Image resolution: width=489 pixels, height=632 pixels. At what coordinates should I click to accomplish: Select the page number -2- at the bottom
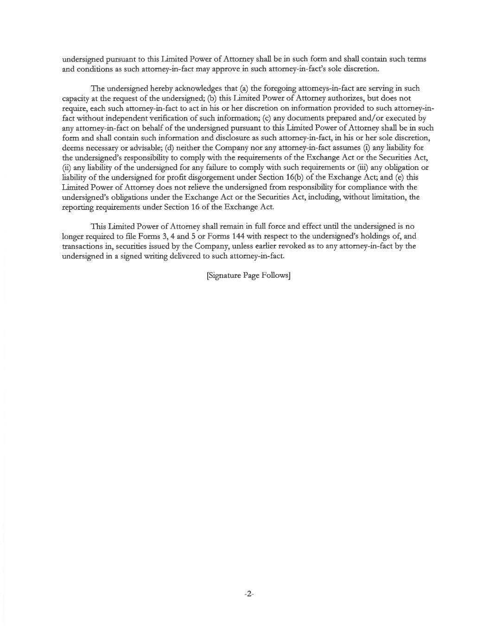[x=249, y=594]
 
